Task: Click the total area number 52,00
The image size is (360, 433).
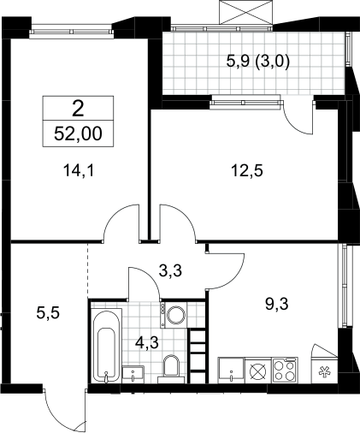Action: pyautogui.click(x=78, y=133)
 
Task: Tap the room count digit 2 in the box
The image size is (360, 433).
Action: pyautogui.click(x=78, y=109)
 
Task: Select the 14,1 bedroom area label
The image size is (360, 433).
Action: pyautogui.click(x=79, y=171)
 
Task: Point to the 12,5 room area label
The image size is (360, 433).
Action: pyautogui.click(x=247, y=171)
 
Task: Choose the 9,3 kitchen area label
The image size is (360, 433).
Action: pyautogui.click(x=277, y=305)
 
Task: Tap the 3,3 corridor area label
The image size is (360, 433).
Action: pyautogui.click(x=170, y=270)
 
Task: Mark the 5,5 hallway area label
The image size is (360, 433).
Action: pyautogui.click(x=48, y=313)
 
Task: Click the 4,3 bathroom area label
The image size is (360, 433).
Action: pyautogui.click(x=147, y=342)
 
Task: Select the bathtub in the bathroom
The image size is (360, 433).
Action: pyautogui.click(x=106, y=346)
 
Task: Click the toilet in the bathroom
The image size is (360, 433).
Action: pyautogui.click(x=171, y=369)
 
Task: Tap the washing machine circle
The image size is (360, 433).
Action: pyautogui.click(x=175, y=315)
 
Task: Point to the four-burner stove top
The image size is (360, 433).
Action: pyautogui.click(x=285, y=370)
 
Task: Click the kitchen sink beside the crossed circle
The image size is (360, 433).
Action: pyautogui.click(x=231, y=370)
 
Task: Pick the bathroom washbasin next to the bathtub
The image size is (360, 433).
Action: pyautogui.click(x=133, y=375)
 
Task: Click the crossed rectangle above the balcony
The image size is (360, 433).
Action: pyautogui.click(x=245, y=12)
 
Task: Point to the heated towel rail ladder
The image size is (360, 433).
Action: pyautogui.click(x=198, y=357)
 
